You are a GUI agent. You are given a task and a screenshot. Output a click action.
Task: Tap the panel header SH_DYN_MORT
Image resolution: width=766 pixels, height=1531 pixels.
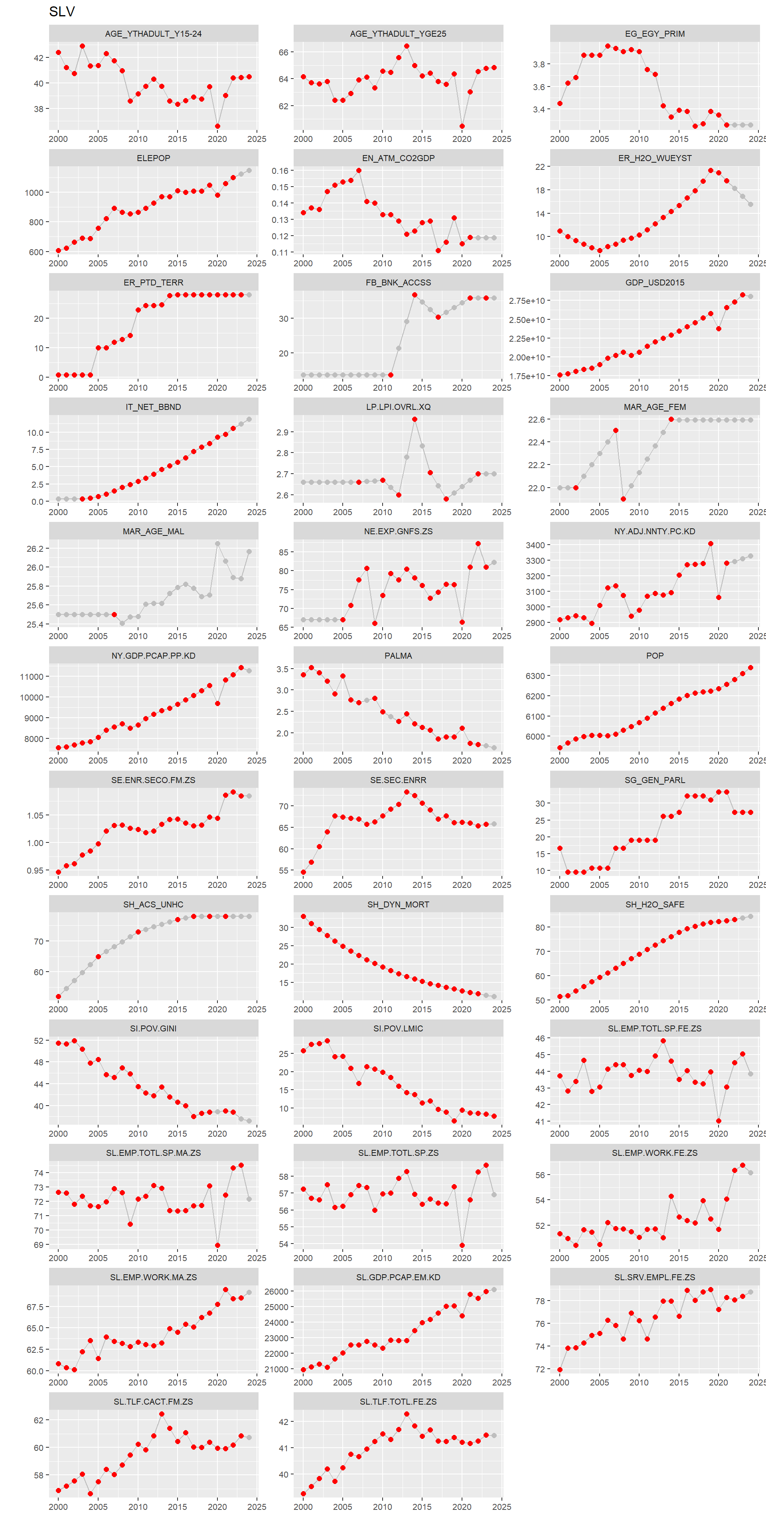[398, 904]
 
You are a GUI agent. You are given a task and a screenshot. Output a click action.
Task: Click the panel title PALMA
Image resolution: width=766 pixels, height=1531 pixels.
[398, 655]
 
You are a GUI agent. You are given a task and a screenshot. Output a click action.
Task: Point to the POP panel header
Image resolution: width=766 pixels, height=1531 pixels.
[654, 655]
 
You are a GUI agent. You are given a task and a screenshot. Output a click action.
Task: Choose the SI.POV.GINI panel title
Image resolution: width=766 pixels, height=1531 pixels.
[154, 1028]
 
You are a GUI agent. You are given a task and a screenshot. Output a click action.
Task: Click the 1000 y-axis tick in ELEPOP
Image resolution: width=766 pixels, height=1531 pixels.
[34, 193]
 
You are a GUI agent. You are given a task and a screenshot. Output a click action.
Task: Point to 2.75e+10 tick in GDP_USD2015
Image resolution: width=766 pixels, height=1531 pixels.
[526, 301]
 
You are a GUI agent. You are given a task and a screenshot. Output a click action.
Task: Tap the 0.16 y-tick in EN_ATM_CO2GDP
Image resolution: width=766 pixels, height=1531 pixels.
[280, 171]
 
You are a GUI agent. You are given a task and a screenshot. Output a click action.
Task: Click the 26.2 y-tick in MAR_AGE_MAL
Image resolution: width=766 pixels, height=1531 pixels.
[34, 549]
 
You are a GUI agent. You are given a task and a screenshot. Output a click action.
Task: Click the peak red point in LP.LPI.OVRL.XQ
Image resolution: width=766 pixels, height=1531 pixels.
[415, 419]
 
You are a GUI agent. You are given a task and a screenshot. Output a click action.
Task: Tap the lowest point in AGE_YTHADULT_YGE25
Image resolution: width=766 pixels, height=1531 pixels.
[462, 126]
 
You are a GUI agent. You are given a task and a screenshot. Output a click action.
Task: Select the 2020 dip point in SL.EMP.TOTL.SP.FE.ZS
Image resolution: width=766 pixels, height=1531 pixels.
[719, 1121]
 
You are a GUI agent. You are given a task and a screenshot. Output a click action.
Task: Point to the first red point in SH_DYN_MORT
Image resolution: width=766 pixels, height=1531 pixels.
[303, 917]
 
